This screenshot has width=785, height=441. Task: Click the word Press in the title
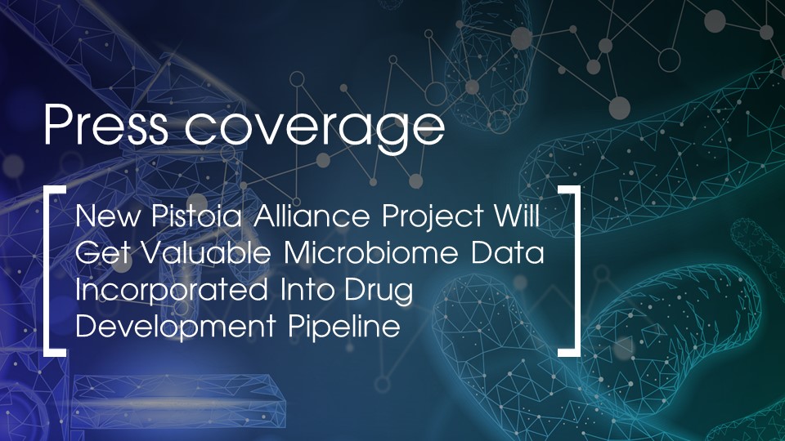click(105, 127)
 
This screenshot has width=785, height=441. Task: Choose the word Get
click(96, 254)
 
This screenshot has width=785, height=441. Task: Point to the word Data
click(513, 254)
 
